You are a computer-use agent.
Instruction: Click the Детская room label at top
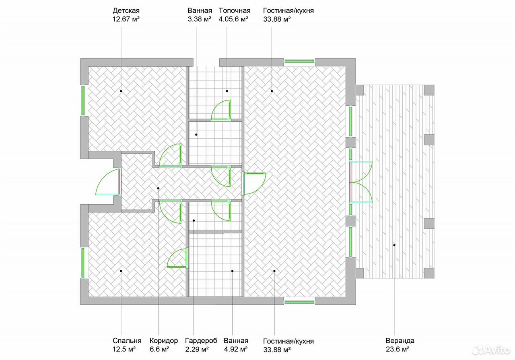[126, 11]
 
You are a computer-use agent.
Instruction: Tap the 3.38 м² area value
[199, 19]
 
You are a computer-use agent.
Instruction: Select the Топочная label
[234, 10]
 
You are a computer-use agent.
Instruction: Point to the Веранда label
[400, 341]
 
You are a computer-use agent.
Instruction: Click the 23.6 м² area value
[398, 350]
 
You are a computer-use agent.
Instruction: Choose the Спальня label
[127, 341]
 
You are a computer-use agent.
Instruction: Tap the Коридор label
[164, 341]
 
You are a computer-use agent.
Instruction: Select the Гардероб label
[201, 341]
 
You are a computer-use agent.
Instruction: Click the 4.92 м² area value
[236, 350]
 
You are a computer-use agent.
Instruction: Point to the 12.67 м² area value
[126, 19]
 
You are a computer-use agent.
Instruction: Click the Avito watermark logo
[491, 350]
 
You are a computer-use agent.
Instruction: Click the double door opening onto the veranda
[361, 182]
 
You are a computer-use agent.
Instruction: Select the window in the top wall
[299, 62]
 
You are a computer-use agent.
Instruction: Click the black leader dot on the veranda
[394, 245]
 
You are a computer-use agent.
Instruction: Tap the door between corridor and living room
[254, 184]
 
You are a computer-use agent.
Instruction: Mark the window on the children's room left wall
[83, 101]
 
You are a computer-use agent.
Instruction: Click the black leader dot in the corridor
[158, 188]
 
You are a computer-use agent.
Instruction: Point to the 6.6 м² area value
[160, 350]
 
